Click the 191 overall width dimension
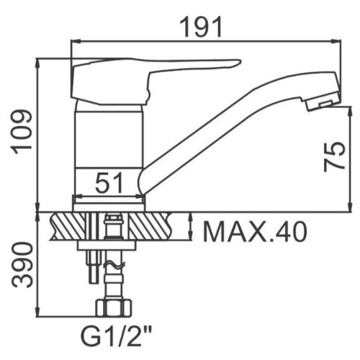click(201, 27)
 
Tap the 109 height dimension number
click(22, 130)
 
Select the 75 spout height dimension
click(334, 156)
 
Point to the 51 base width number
click(109, 183)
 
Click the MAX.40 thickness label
click(255, 232)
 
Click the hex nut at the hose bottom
click(114, 307)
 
